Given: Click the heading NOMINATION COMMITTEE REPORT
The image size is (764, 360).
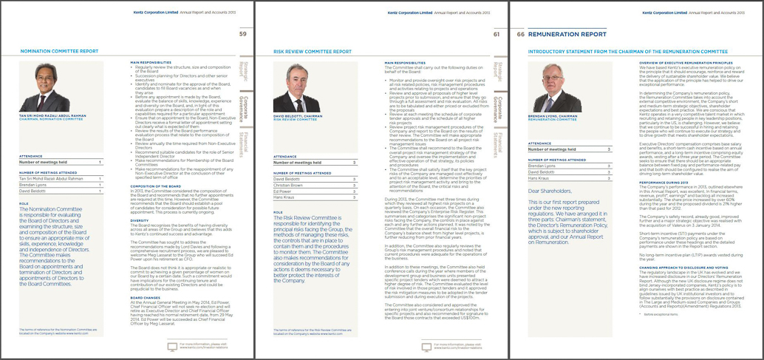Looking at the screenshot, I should tap(58, 52).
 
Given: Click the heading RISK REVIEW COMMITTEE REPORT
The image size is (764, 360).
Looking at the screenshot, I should tap(313, 52).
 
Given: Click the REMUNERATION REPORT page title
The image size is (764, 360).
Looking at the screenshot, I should tap(567, 34).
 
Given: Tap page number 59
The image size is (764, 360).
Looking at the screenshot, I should tap(243, 34).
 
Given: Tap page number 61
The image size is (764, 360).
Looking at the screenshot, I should tap(497, 34).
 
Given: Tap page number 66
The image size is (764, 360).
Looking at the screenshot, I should tap(522, 34).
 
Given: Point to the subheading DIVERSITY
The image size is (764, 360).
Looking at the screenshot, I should tap(140, 220).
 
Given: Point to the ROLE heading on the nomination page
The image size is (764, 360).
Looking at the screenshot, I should tap(24, 203).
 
